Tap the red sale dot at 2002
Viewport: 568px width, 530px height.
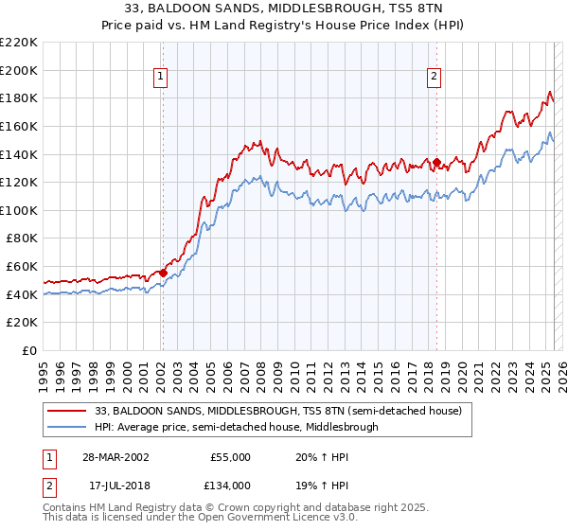[163, 274]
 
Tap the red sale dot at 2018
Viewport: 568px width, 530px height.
[436, 162]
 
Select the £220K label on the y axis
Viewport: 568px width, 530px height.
[19, 43]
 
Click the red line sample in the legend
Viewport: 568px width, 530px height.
[66, 411]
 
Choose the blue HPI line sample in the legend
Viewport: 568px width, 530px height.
[66, 427]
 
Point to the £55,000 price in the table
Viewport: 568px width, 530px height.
[230, 456]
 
